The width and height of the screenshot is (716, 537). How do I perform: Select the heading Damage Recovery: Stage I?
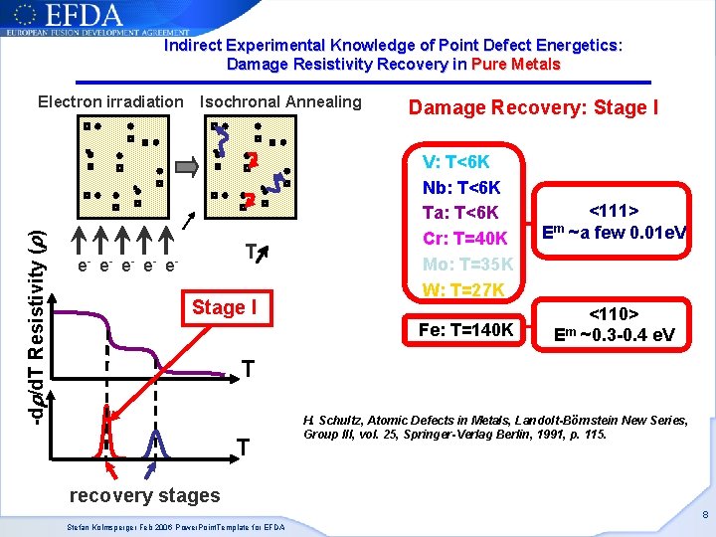(533, 107)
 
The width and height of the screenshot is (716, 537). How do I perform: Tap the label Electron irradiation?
(110, 101)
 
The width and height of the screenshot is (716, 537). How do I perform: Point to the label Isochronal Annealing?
(280, 101)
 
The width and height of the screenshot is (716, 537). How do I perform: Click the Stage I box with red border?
(224, 308)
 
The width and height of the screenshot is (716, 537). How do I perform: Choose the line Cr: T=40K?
(466, 239)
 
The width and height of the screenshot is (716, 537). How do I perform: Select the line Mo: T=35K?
(467, 265)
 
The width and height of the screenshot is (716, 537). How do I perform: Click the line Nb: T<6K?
(461, 187)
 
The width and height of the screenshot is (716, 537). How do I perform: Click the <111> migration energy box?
(614, 222)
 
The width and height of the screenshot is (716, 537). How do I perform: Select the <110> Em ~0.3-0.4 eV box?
(614, 323)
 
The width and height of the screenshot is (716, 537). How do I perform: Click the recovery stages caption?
(144, 495)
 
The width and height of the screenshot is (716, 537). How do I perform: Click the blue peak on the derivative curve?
(154, 441)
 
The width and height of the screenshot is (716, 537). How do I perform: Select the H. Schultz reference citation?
(494, 428)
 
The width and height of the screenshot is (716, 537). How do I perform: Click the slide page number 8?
(703, 515)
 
